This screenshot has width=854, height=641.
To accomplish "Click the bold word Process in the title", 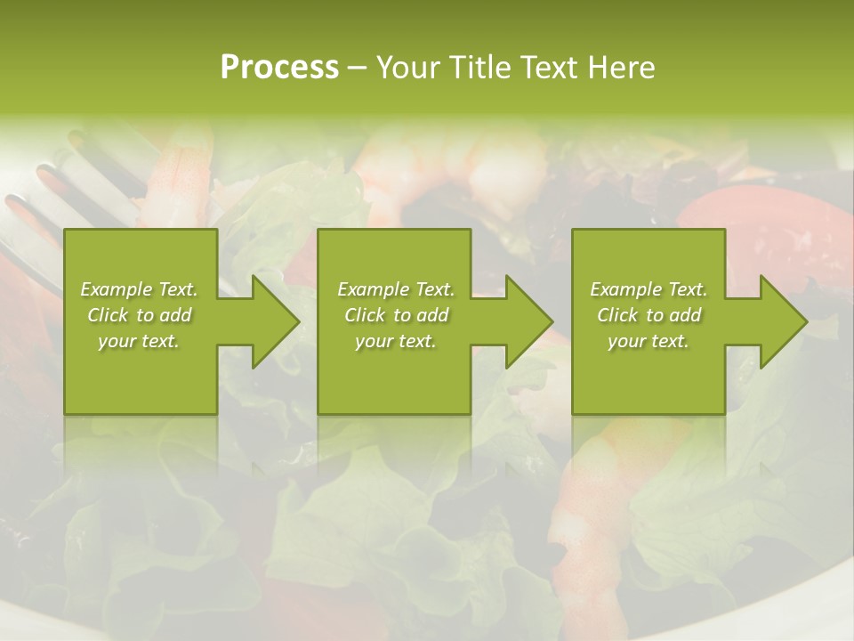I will click(279, 68).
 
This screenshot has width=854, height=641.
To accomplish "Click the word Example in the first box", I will click(116, 289).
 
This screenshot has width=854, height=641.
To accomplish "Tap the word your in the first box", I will click(116, 341).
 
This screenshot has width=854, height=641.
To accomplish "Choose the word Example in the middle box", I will click(373, 289).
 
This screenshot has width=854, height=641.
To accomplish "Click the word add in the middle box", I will click(431, 315).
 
